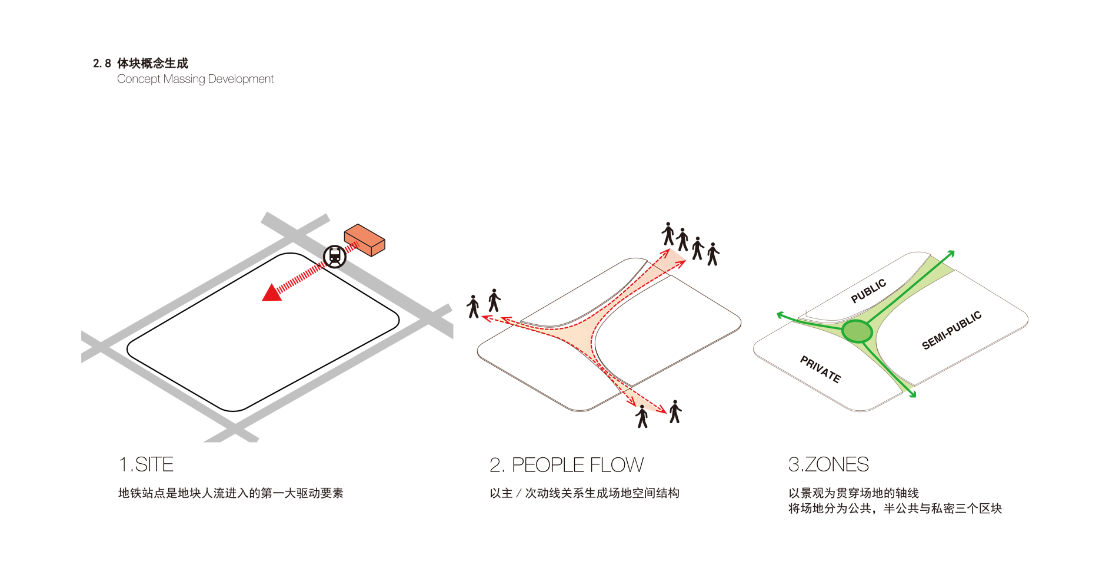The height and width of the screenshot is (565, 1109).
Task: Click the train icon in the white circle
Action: [x=335, y=257]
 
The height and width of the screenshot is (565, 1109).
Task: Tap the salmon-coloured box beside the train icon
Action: [x=364, y=240]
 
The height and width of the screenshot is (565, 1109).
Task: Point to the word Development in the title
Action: [x=241, y=79]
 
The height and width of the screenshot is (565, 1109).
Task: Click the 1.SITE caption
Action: [x=146, y=464]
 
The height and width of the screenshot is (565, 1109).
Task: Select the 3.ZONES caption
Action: [x=828, y=464]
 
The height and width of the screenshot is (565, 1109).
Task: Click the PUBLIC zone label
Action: [x=868, y=291]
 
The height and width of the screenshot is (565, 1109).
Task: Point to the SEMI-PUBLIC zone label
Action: [x=951, y=330]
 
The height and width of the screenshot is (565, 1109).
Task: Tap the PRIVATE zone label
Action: [x=820, y=369]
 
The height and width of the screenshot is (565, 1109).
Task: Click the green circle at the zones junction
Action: [x=857, y=331]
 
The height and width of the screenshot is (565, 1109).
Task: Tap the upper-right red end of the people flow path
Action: [x=671, y=260]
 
